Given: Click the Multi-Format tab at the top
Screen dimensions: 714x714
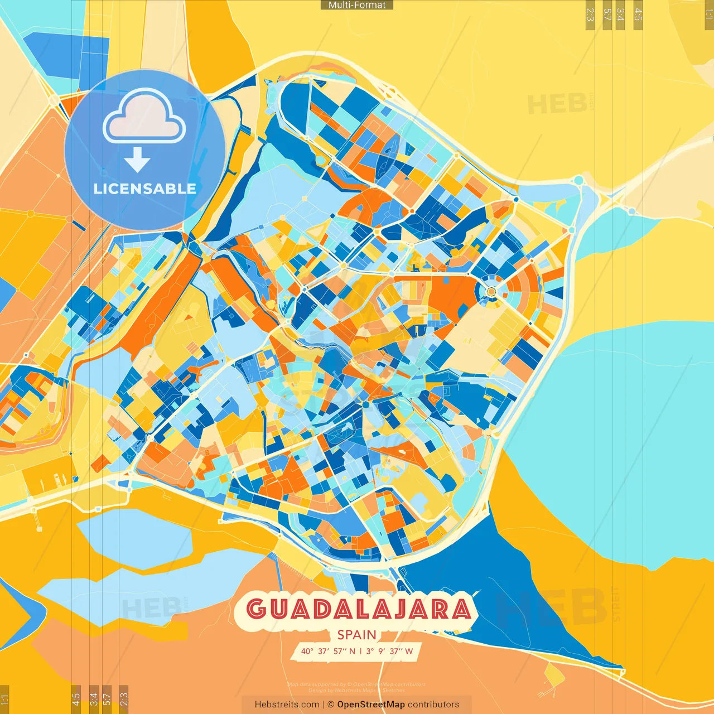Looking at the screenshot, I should (357, 5).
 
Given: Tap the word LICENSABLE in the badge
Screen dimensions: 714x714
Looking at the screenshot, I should (145, 189).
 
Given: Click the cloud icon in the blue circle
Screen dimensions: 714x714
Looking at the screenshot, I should (144, 118).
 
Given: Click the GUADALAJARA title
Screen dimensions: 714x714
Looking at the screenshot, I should (359, 609).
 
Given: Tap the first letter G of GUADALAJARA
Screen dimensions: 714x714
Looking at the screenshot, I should (256, 609).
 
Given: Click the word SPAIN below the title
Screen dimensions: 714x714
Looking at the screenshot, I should (357, 635).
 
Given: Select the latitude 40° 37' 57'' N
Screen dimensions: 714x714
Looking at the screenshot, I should (328, 651).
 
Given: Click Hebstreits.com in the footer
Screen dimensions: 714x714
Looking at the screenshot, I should (287, 705).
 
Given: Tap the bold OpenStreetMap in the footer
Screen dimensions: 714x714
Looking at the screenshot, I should (371, 705).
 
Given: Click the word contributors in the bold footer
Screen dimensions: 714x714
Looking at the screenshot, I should (433, 705).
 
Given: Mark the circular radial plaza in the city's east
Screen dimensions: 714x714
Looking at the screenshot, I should (491, 291).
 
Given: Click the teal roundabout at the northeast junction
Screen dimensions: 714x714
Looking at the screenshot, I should (578, 180).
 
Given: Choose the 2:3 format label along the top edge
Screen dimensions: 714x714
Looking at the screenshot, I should (590, 15).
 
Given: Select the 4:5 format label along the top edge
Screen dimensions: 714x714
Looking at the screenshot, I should (638, 15).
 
